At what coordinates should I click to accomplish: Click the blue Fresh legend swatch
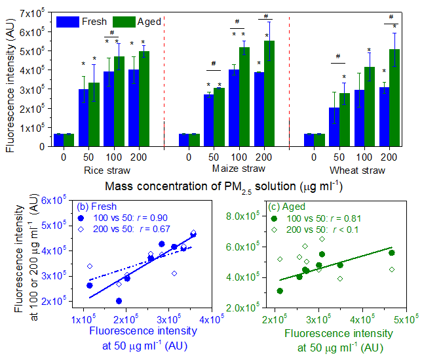pos(67,21)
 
